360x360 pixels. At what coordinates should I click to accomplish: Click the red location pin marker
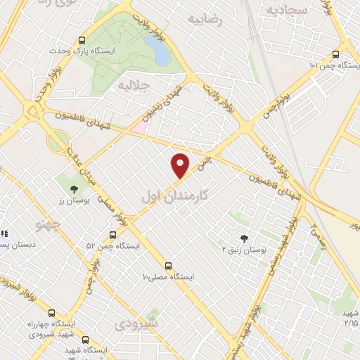[181, 166]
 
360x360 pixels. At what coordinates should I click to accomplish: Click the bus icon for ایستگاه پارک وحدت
[82, 40]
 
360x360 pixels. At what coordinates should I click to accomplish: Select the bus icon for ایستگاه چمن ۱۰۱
[335, 53]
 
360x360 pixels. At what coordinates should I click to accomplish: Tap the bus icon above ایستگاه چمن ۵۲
[112, 235]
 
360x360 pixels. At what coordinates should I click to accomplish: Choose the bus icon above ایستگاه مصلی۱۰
[167, 265]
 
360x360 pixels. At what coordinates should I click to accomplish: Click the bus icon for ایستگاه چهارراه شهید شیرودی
[51, 313]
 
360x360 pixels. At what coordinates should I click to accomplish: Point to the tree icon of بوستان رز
[73, 188]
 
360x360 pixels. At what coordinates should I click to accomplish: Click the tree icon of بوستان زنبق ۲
[244, 238]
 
